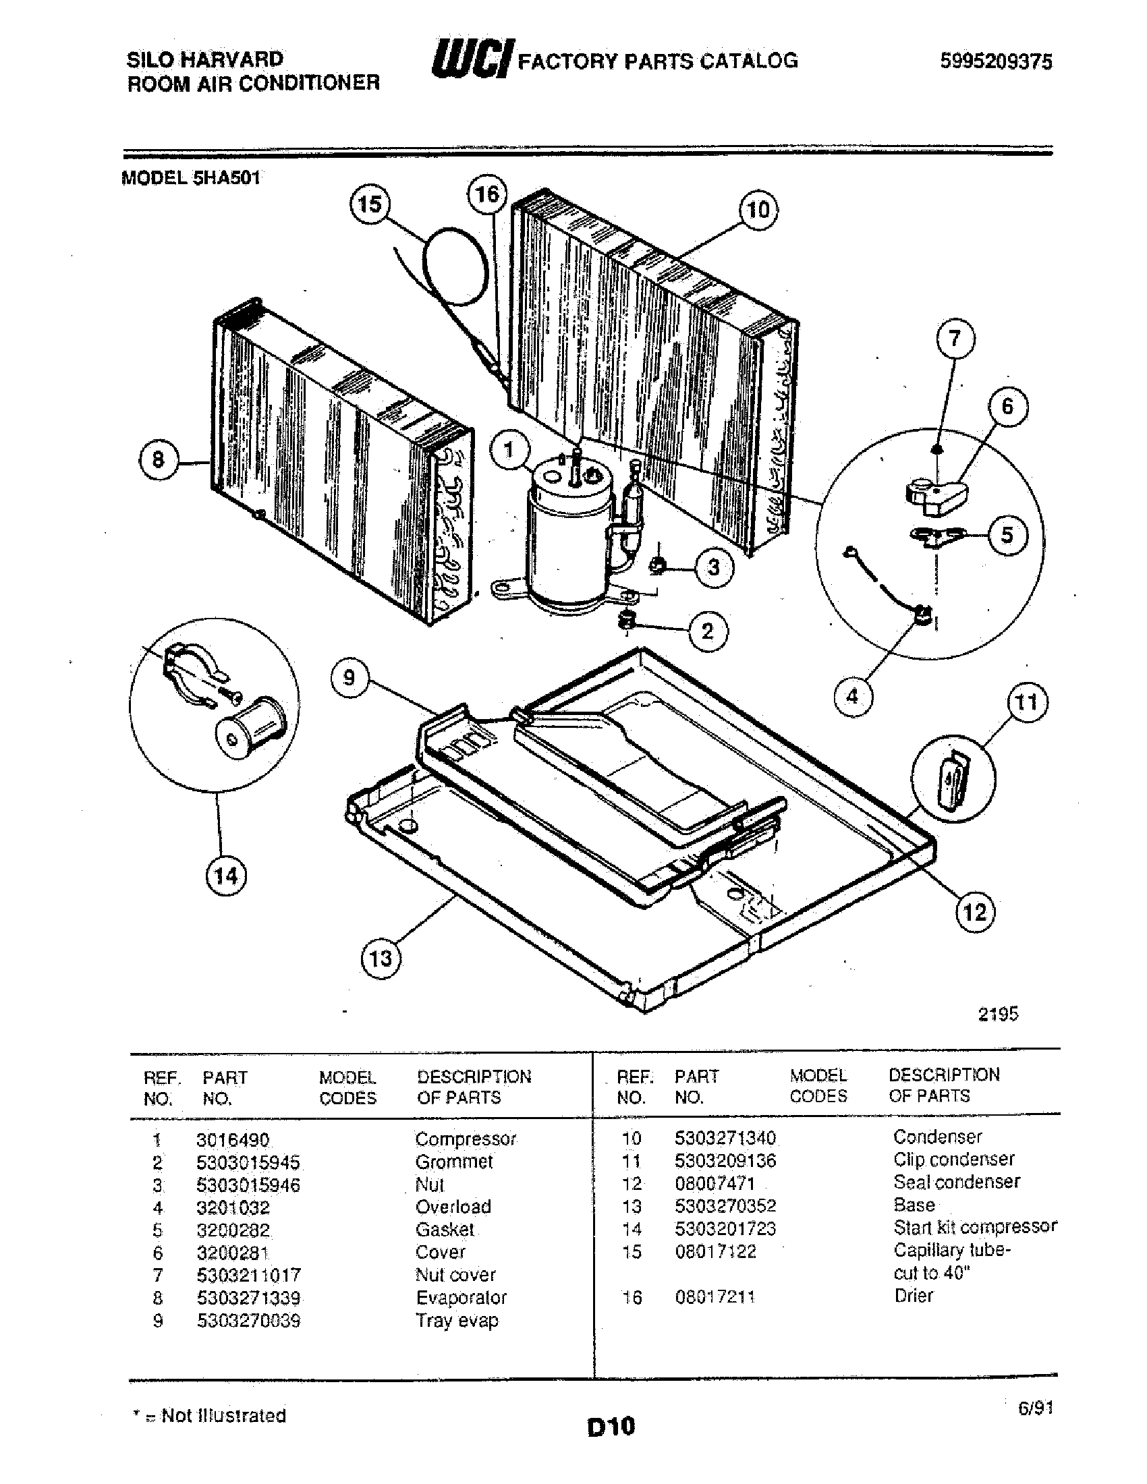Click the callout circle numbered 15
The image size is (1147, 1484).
point(370,204)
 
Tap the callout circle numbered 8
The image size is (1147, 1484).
point(159,460)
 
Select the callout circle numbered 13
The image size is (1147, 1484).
point(381,959)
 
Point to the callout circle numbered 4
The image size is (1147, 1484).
point(853,696)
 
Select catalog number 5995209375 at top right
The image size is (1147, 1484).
point(995,62)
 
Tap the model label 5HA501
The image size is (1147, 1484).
point(190,178)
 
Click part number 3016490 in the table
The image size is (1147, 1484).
point(233,1139)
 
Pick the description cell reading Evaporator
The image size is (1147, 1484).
point(461,1297)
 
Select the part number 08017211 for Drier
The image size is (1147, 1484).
point(715,1296)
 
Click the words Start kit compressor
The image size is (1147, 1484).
point(974,1226)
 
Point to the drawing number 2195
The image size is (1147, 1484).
point(997,1014)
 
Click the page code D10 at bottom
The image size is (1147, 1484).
point(611,1425)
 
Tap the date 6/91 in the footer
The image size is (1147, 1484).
point(1035,1408)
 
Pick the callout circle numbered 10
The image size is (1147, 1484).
point(758,210)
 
